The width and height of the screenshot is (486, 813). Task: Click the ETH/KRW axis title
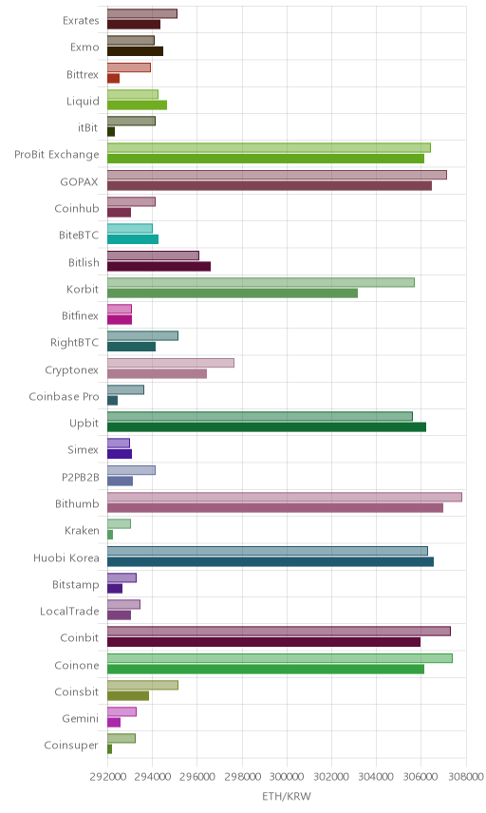[x=287, y=797]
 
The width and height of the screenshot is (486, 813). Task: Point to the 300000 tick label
[x=287, y=777]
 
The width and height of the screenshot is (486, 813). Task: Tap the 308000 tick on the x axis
[x=465, y=777]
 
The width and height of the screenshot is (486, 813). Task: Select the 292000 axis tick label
[x=108, y=777]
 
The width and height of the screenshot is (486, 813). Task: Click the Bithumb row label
[x=77, y=503]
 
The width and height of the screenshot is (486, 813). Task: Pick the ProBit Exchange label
[x=56, y=155]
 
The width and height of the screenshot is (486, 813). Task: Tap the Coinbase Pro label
[x=64, y=396]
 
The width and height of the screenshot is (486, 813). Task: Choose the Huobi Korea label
[x=66, y=558]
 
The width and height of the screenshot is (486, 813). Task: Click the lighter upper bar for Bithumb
[x=285, y=498]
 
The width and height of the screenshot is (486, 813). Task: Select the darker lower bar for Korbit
[x=233, y=293]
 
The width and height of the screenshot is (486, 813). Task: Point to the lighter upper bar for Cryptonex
[x=171, y=363]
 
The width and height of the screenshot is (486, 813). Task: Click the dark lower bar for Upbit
[x=267, y=427]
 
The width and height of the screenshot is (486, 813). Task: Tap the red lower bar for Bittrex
[x=114, y=78]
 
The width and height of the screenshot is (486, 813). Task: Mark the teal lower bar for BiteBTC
[x=133, y=239]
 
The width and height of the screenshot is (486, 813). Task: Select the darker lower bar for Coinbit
[x=264, y=642]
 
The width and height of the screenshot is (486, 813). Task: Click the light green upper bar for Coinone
[x=280, y=658]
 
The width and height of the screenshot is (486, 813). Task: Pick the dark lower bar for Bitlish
[x=159, y=267]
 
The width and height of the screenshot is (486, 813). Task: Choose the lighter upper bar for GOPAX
[x=276, y=175]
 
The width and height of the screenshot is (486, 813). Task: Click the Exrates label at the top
[x=81, y=20]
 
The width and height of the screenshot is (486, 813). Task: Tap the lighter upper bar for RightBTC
[x=142, y=336]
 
